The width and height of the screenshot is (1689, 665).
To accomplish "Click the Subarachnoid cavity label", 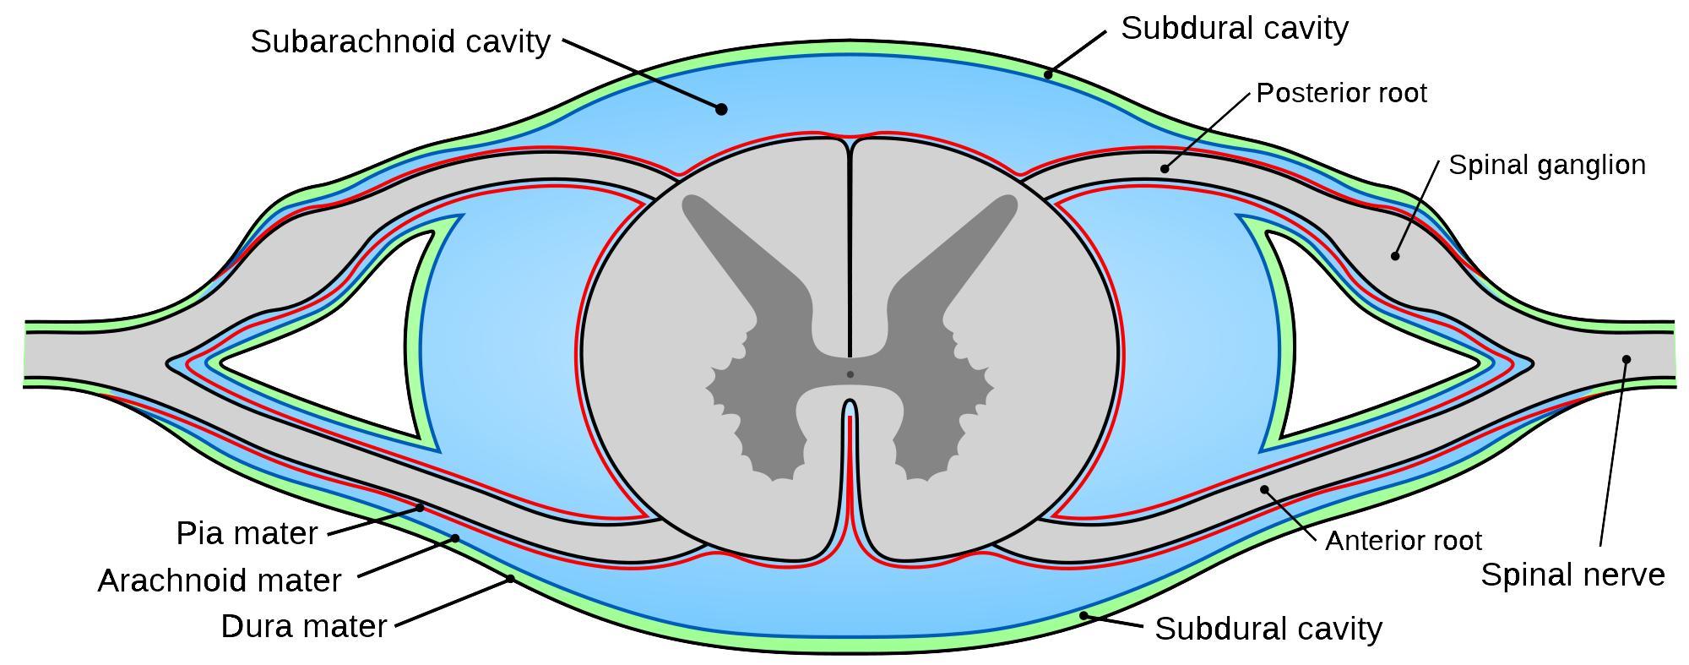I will click(400, 41).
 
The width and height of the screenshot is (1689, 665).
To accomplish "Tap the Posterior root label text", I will click(1341, 93).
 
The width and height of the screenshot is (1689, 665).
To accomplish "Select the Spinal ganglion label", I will click(1546, 165).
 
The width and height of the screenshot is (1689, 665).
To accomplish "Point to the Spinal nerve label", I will click(1572, 575).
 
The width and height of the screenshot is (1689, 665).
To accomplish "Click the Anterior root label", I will click(1404, 541).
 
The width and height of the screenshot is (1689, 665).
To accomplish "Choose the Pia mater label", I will click(247, 533).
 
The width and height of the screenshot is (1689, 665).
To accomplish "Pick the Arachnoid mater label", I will click(220, 581).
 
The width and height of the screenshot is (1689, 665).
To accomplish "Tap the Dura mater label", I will click(303, 626).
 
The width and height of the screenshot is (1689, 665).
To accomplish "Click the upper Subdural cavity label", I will click(1234, 29).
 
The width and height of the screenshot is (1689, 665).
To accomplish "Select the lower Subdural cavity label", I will click(1268, 629).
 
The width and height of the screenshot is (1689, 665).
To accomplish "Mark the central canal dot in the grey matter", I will click(850, 374).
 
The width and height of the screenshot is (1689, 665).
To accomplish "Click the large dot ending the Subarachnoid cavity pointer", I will click(721, 109).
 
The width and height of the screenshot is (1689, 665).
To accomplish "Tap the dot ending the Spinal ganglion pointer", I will click(1395, 256).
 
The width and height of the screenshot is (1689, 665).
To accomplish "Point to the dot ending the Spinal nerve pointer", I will click(1627, 359).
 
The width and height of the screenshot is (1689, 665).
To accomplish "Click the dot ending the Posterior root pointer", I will click(1165, 169).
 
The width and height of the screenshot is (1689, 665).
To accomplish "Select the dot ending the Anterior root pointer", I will click(1264, 488).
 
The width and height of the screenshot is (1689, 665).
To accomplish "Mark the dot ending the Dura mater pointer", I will click(511, 579).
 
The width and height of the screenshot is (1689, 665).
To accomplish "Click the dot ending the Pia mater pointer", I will click(421, 508).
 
